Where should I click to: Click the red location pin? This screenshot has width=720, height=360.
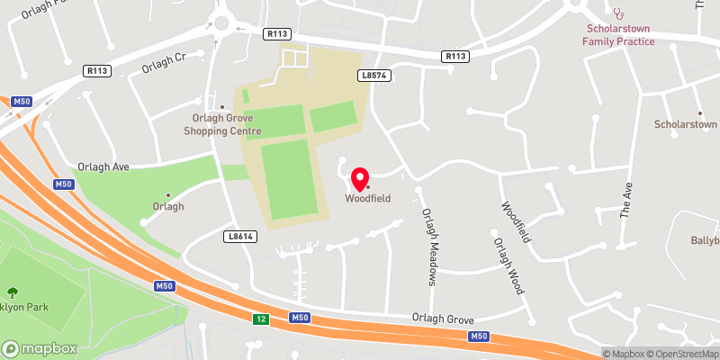click(x=360, y=176)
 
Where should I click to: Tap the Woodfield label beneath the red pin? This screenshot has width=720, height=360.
click(x=368, y=199)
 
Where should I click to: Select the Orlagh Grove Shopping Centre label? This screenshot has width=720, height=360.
click(x=222, y=125)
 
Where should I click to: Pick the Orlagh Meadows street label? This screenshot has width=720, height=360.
click(x=429, y=247)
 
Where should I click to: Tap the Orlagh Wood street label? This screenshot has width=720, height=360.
click(x=508, y=266)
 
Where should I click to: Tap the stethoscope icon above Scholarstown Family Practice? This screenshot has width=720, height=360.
click(x=617, y=13)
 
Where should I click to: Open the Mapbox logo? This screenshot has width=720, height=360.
click(x=40, y=348)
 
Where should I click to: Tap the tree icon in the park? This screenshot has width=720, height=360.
click(x=13, y=292)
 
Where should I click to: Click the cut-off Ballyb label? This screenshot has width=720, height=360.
click(x=704, y=240)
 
